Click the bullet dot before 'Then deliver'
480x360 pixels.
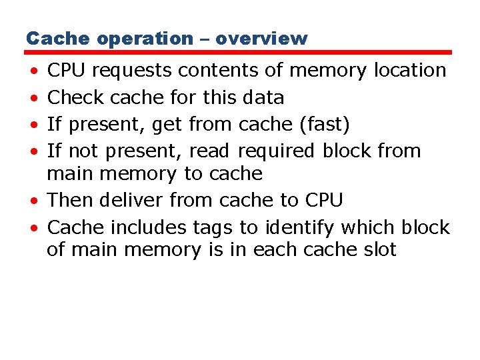tap(33, 201)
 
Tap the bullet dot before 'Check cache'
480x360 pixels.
tap(33, 99)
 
